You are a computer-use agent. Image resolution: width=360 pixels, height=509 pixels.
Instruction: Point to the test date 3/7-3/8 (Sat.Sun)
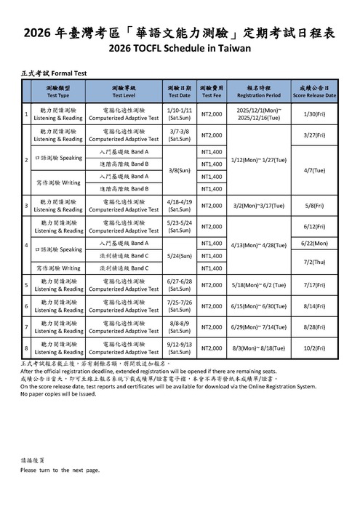pyautogui.click(x=180, y=135)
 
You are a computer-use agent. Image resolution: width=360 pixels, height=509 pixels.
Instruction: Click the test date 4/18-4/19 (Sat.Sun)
pyautogui.click(x=180, y=206)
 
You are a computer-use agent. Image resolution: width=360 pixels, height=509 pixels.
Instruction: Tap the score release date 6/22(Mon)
pyautogui.click(x=314, y=243)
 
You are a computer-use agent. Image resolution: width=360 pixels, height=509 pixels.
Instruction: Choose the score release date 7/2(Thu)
pyautogui.click(x=314, y=262)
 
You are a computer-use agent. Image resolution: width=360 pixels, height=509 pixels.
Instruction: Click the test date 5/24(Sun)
pyautogui.click(x=180, y=256)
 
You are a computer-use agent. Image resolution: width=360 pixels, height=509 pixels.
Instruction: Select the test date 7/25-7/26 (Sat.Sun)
pyautogui.click(x=180, y=306)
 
